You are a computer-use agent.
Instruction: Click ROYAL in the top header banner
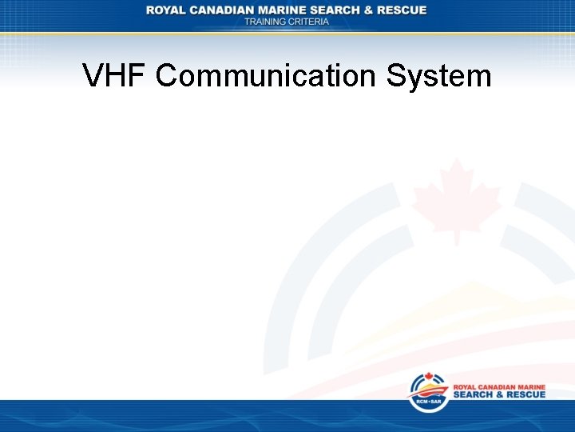coord(167,10)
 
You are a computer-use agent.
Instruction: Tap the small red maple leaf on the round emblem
coord(428,378)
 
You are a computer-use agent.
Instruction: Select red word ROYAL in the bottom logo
coord(466,386)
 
